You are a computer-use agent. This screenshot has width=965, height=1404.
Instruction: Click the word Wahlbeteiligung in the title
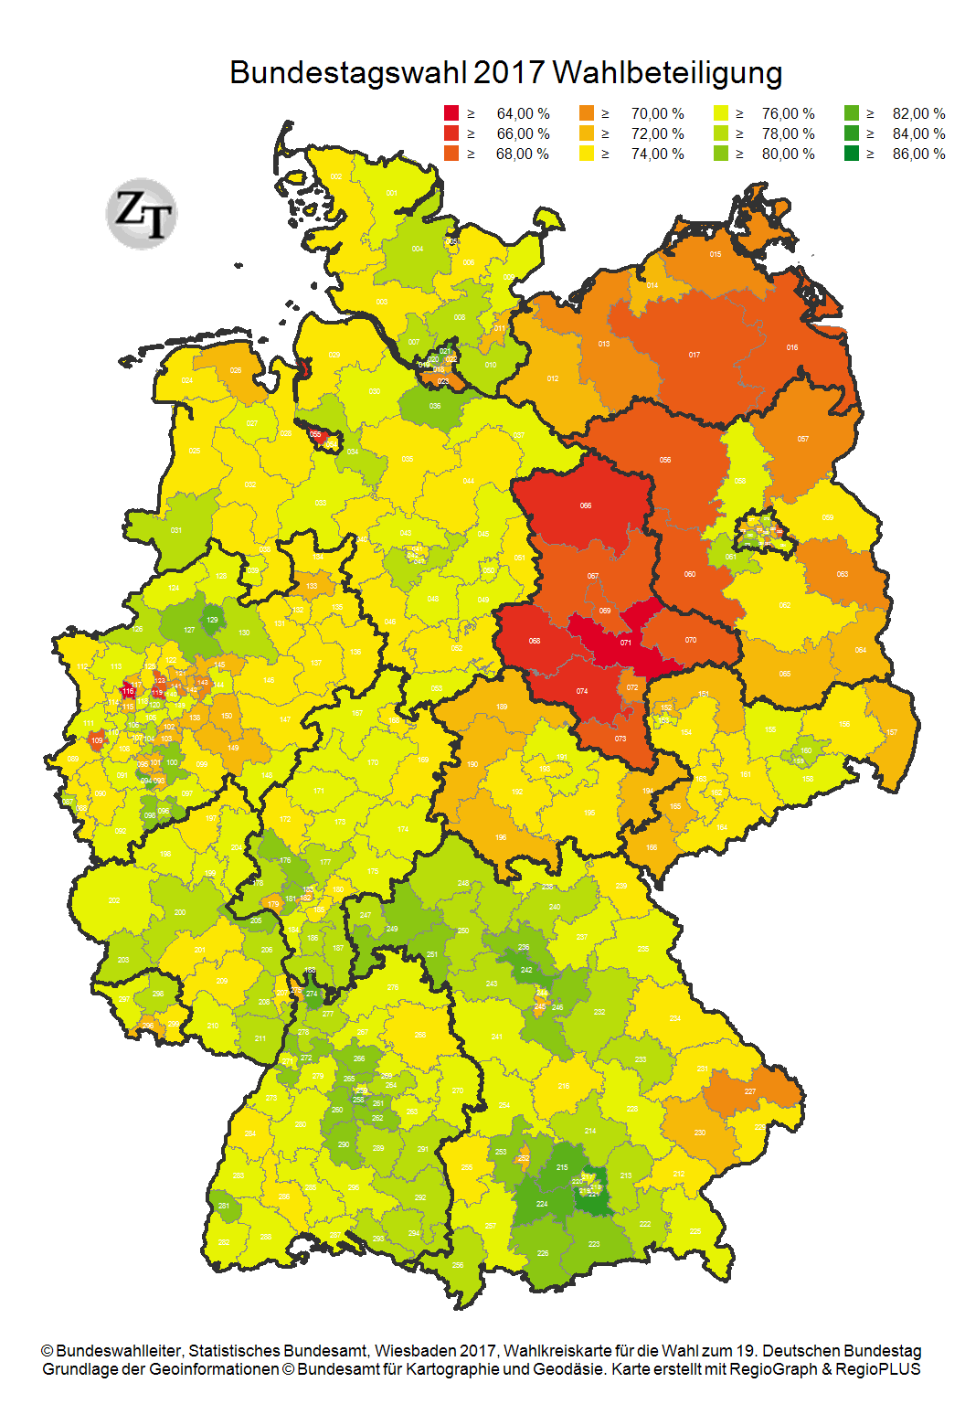(x=667, y=73)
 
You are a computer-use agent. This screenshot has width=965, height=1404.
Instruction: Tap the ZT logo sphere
(x=142, y=213)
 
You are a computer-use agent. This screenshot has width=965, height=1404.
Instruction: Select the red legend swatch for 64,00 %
(x=451, y=113)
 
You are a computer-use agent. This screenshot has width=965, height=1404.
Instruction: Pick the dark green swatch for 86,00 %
(x=852, y=154)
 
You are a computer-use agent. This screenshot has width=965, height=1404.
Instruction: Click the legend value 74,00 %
(x=657, y=154)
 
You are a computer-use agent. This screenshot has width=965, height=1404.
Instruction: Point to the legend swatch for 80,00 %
(x=721, y=154)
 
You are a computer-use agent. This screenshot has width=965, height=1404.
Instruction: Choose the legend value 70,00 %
(x=657, y=113)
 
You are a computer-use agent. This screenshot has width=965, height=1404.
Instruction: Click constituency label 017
(x=695, y=355)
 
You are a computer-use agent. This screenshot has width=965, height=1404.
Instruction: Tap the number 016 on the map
(x=792, y=347)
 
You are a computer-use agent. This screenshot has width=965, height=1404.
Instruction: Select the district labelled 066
(x=586, y=505)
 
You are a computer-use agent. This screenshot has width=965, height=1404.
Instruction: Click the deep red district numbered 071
(x=626, y=643)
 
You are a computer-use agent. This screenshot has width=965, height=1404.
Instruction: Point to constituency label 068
(x=535, y=641)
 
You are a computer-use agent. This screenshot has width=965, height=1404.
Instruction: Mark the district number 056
(x=665, y=460)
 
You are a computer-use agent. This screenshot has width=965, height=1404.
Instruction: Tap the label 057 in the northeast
(x=803, y=439)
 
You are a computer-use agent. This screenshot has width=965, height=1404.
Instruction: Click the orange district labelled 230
(x=700, y=1133)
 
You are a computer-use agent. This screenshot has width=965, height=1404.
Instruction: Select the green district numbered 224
(x=542, y=1204)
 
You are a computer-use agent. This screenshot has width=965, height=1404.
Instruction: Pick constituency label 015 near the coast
(x=716, y=254)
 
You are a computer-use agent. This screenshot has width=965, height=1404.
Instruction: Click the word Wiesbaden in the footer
(x=407, y=1351)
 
